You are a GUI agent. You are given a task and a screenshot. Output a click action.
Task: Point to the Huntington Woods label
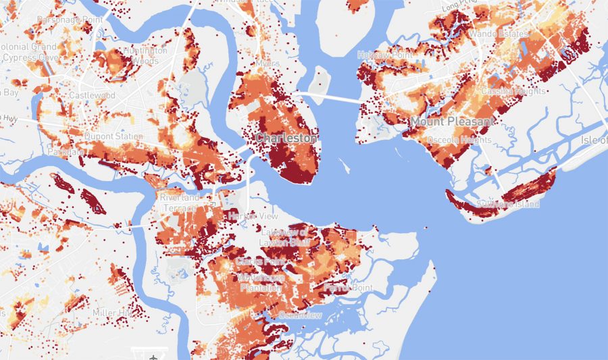click(146, 55)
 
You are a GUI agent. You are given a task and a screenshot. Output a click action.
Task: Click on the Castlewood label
click(92, 96)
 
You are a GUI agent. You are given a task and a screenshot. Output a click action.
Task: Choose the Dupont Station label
click(113, 136)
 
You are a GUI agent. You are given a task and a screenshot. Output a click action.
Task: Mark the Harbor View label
click(244, 215)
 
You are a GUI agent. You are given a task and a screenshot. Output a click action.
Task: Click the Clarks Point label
click(255, 261)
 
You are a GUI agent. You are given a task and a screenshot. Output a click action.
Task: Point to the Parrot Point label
click(339, 288)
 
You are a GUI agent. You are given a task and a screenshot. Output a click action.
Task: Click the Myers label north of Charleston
click(268, 63)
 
